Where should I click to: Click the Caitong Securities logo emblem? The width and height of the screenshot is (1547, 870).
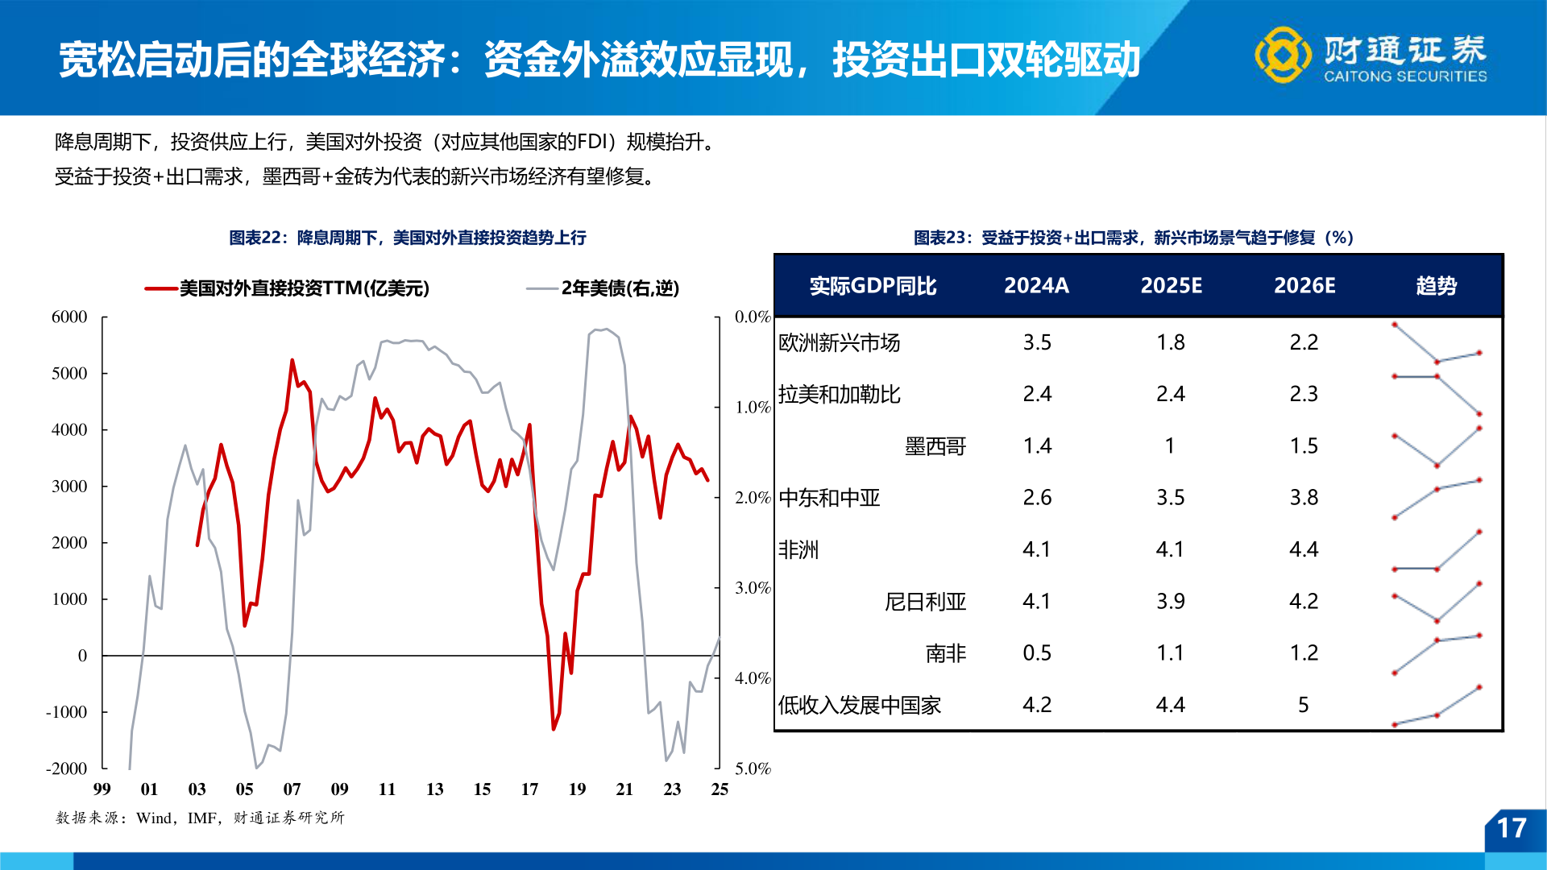pos(1283,55)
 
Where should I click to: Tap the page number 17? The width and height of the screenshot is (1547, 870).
pos(1511,828)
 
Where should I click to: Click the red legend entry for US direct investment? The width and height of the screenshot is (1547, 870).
pos(288,288)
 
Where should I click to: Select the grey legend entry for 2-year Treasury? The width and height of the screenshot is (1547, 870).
pos(603,288)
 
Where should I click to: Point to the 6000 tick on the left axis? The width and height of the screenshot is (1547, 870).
pos(69,317)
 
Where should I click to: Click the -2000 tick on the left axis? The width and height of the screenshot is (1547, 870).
pos(67,768)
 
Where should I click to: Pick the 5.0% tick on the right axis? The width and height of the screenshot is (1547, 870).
pos(753,768)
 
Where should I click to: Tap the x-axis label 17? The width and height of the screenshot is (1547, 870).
pos(529,789)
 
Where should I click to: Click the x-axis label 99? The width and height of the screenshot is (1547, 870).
pos(102,789)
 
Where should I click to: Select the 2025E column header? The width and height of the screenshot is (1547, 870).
pos(1171,286)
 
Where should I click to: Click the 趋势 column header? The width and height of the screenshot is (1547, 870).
pos(1436,286)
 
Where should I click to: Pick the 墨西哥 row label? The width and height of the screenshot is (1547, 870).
pos(935,446)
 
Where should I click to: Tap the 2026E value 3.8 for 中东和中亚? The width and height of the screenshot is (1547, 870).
pos(1304,498)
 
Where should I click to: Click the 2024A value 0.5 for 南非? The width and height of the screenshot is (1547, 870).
pos(1036,653)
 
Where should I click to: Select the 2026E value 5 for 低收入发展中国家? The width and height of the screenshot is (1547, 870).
pos(1303,705)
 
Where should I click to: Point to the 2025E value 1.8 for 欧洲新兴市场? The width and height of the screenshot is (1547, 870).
pos(1170,342)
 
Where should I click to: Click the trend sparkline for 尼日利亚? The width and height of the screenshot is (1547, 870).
pos(1437,603)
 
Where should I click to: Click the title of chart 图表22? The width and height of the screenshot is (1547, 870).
pos(407,238)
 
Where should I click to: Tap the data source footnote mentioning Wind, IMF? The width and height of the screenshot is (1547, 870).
pos(200,818)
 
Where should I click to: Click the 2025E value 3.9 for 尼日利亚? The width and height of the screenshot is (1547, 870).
pos(1170,602)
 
